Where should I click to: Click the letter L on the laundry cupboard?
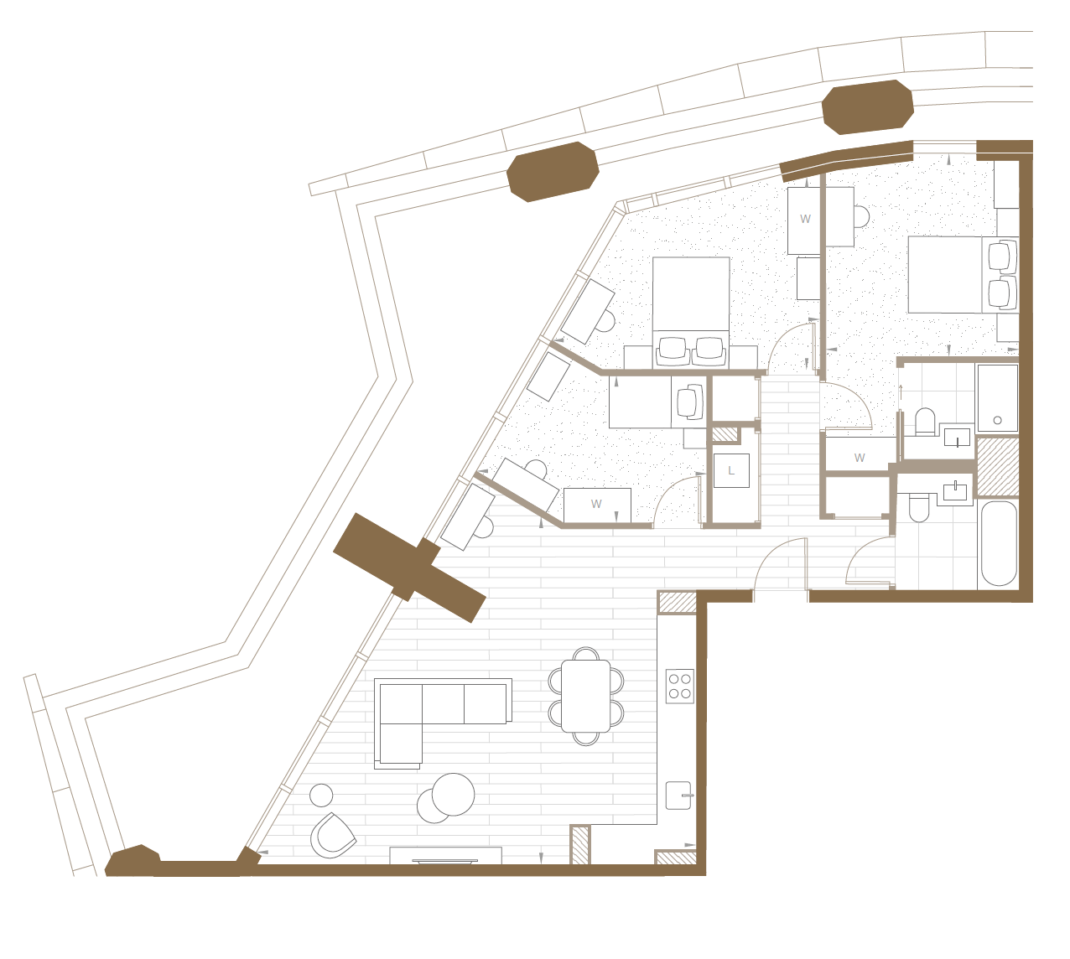[x=731, y=470]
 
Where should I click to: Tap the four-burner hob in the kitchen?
[x=680, y=686]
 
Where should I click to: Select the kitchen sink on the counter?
[x=678, y=796]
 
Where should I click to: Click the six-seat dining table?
[x=585, y=696]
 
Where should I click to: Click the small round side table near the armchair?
[x=321, y=796]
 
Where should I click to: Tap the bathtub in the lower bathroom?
[x=998, y=543]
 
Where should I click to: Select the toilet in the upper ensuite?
[x=925, y=421]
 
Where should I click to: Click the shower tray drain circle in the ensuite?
[x=998, y=420]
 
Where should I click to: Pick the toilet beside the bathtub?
[x=920, y=507]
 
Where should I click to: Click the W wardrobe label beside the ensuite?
[x=860, y=458]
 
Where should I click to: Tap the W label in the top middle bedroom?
[x=805, y=219]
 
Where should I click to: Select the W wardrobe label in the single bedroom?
[x=596, y=504]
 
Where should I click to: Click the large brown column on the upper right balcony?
[x=868, y=106]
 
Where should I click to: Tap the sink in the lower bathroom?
[x=955, y=491]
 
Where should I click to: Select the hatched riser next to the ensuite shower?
[x=997, y=466]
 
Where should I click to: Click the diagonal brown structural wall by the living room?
[x=410, y=568]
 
